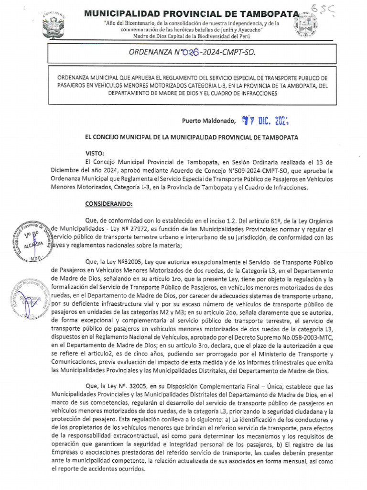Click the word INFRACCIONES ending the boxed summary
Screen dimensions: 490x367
(x=250, y=94)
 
